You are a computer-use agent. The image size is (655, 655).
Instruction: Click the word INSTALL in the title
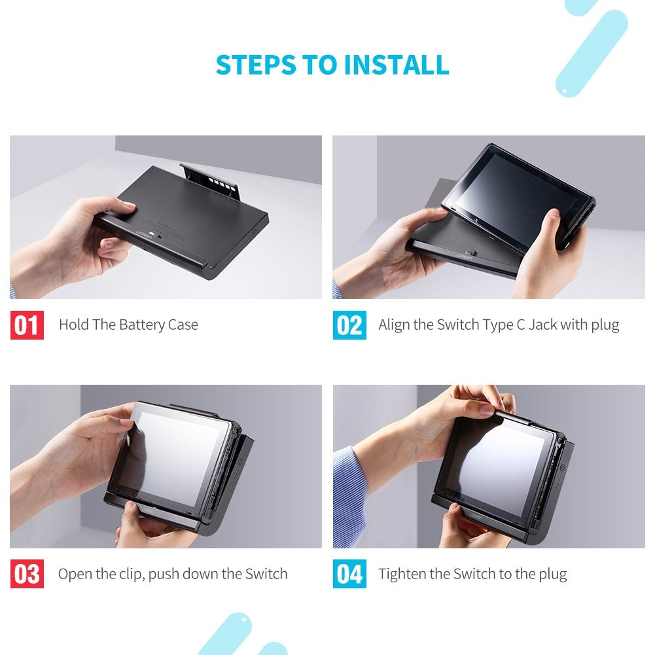397,65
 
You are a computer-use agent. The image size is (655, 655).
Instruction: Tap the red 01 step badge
27,325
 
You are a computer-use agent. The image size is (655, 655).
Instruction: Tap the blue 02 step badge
349,325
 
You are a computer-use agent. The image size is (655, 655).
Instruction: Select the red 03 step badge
27,575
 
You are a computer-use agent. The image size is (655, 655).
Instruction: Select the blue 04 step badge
349,575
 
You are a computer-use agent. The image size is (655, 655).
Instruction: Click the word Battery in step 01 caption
143,325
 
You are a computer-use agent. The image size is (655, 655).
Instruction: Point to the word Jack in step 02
542,325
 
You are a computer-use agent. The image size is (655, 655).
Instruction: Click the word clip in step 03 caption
131,575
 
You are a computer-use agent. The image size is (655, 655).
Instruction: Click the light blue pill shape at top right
592,53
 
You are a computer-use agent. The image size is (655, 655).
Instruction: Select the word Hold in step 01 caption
73,325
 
